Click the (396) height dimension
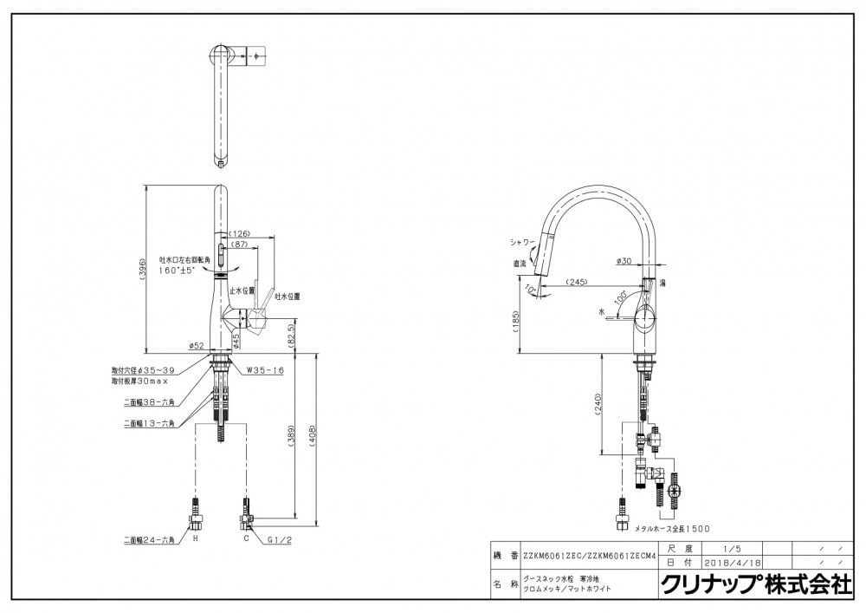(145, 270)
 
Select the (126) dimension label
(240, 233)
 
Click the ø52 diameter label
(197, 346)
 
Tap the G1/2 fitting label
(279, 539)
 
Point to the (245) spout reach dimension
(578, 282)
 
